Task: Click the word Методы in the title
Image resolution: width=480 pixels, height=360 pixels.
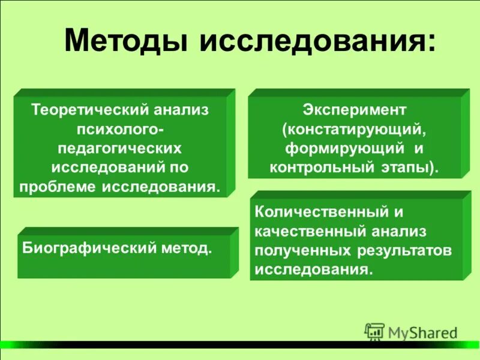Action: point(125,43)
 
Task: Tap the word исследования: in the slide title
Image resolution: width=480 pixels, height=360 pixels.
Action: point(314,43)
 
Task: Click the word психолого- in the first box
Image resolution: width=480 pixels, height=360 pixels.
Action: point(124,129)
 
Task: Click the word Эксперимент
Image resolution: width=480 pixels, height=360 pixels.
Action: point(355,110)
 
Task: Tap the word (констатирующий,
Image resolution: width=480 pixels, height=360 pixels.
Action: point(355,129)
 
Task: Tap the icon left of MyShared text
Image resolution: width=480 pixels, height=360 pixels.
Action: point(374,331)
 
